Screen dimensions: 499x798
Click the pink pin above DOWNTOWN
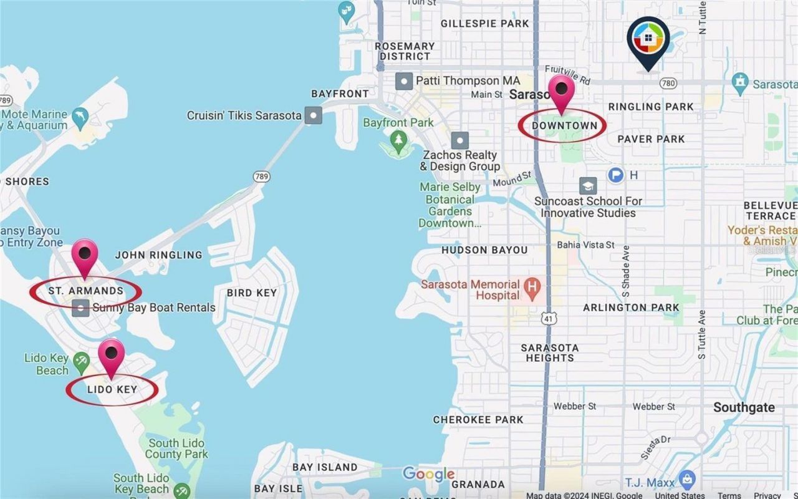pos(561,91)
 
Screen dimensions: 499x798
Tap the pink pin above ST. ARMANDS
pos(85,256)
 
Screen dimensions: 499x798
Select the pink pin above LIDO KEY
pos(112,356)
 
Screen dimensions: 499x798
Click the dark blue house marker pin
pos(648,39)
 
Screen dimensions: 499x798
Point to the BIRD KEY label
pos(252,293)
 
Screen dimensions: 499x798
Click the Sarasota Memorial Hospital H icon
pos(532,288)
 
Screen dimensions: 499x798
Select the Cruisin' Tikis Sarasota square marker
pos(313,115)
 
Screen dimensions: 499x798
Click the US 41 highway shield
pos(549,318)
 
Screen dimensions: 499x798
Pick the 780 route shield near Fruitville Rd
pos(668,83)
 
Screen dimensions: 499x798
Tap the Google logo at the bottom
pos(428,474)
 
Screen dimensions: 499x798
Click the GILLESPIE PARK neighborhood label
pos(484,24)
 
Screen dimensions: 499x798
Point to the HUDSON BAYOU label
pos(484,250)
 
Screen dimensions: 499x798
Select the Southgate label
pos(744,407)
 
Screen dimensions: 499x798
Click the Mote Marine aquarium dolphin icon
pos(80,117)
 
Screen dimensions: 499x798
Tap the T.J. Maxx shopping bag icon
pos(687,480)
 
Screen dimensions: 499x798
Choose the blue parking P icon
pos(616,175)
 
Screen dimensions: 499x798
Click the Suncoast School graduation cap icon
pos(587,185)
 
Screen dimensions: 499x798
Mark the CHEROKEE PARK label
pos(478,420)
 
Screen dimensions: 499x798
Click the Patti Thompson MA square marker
pos(404,81)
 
